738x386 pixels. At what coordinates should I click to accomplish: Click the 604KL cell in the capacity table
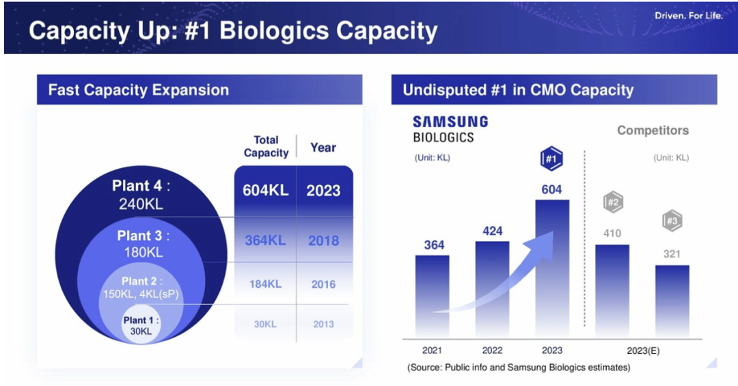click(265, 191)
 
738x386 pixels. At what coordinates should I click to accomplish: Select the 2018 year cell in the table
click(323, 240)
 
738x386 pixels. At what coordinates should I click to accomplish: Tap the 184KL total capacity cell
click(265, 284)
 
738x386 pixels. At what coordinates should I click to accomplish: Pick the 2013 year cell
click(323, 324)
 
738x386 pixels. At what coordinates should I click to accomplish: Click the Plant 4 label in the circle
click(141, 194)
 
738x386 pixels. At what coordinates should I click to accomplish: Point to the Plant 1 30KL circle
click(141, 326)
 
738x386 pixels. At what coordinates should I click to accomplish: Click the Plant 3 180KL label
click(143, 243)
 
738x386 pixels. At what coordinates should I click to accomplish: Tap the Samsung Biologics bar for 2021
click(433, 295)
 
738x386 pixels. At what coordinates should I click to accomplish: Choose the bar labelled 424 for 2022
click(492, 288)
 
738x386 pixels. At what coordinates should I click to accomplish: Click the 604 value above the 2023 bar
click(551, 190)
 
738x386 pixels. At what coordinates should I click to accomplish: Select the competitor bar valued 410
click(612, 290)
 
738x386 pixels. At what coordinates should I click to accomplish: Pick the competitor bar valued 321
click(672, 301)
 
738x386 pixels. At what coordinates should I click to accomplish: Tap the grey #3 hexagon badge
click(672, 221)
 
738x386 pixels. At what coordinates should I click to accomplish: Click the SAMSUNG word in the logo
click(450, 122)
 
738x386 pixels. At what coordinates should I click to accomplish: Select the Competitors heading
click(653, 130)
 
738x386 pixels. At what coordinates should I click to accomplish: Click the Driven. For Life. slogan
click(688, 16)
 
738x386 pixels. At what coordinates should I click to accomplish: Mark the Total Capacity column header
click(266, 146)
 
